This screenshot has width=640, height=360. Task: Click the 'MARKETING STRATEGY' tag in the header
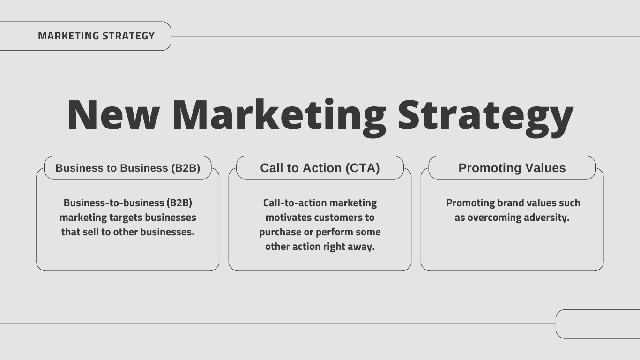96,36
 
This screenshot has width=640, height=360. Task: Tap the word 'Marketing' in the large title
279,115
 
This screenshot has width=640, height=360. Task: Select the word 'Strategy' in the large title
485,115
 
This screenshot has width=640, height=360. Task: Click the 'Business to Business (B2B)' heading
127,168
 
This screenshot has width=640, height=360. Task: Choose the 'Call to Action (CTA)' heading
320,168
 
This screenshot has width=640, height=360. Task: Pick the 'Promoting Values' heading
512,168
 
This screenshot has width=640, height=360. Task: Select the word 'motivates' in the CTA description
288,217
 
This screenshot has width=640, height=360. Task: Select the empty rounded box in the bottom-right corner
598,324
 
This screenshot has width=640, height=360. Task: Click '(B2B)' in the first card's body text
179,203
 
